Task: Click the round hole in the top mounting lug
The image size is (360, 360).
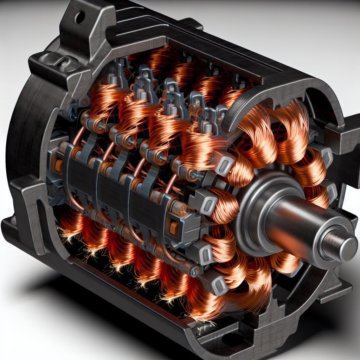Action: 80,16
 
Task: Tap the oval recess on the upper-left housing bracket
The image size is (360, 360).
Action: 61,64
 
